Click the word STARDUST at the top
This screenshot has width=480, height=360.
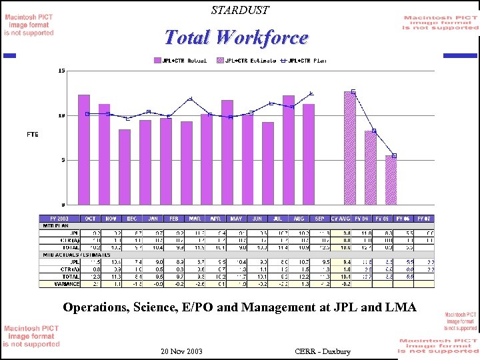coord(240,10)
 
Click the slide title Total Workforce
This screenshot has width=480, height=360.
coord(236,37)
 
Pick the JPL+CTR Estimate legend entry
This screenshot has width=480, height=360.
coord(245,60)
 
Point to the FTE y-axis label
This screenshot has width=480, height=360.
coord(33,135)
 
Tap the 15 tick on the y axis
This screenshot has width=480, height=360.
coord(61,71)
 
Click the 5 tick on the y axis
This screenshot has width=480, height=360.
coord(63,160)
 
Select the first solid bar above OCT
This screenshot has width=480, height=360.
coord(84,150)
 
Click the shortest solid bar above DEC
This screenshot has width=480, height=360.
coord(125,167)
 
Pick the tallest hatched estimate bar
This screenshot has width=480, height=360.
coord(350,148)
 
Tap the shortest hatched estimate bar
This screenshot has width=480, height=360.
coord(391,180)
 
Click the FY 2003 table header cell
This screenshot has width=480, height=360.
coord(59,218)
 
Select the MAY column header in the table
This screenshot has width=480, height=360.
coord(236,218)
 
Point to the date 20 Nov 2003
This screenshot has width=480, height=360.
coord(182,351)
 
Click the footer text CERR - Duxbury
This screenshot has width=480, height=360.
coord(322,351)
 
